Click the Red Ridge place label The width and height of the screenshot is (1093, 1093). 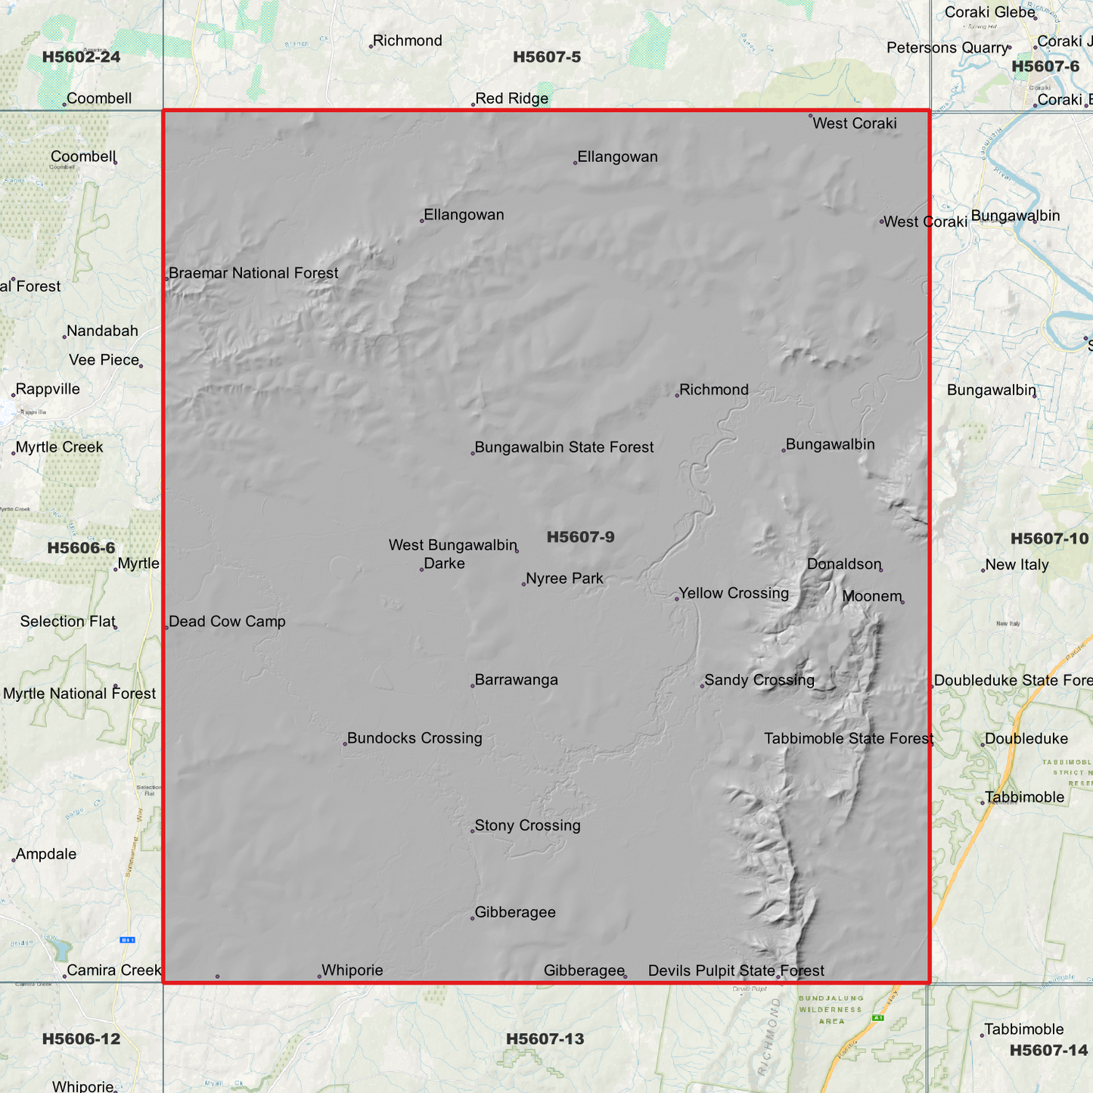511,99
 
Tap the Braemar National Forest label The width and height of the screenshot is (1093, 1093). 253,273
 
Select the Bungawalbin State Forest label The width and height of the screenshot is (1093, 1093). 564,447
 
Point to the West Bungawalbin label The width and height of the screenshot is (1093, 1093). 452,545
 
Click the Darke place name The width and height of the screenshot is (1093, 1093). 444,564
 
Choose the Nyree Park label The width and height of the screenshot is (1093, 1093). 564,579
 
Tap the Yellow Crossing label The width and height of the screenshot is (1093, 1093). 733,593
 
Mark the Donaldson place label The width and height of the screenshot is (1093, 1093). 843,564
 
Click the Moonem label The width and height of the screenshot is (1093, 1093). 871,596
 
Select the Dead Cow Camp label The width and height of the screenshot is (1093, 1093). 227,622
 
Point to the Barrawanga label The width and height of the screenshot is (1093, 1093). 516,680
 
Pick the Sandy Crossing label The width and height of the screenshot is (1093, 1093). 759,680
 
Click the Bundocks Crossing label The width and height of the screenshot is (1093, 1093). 414,738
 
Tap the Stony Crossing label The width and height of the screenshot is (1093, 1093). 527,826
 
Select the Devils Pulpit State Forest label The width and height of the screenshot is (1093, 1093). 736,970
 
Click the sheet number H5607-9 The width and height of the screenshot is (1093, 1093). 580,537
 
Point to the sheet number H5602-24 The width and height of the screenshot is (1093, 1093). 81,57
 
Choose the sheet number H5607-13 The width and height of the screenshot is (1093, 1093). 545,1039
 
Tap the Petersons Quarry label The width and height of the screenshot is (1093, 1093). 947,48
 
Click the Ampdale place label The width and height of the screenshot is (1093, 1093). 45,854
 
